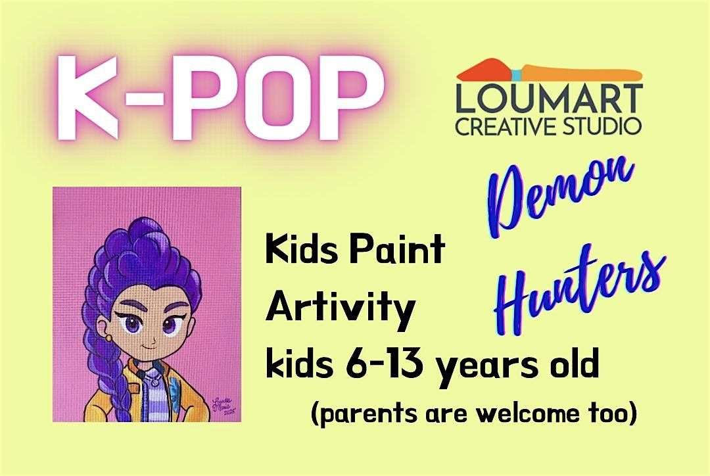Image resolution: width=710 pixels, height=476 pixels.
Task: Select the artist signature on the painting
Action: tap(224, 400)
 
